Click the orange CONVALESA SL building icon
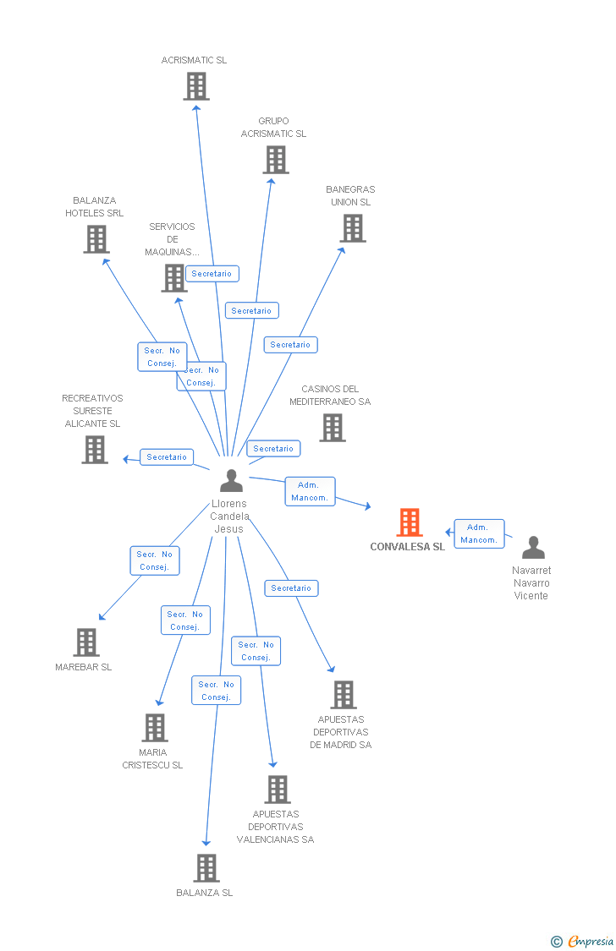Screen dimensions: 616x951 (410, 522)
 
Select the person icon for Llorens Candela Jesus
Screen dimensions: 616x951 (231, 480)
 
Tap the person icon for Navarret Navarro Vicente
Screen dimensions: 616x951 (533, 548)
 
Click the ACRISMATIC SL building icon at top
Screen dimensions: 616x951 (196, 86)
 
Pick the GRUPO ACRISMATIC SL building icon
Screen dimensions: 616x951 (276, 160)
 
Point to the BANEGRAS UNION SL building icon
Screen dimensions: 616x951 (353, 228)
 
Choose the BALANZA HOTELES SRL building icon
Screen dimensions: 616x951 (96, 239)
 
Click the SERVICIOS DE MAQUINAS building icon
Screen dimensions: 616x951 (174, 278)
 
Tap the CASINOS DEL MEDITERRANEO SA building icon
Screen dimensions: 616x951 (333, 428)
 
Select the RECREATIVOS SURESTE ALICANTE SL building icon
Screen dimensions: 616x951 (95, 450)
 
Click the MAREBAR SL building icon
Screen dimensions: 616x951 (86, 642)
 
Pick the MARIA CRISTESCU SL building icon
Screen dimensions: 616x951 (155, 728)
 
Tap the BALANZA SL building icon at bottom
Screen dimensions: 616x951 (206, 868)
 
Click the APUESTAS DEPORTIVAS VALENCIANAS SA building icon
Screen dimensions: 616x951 (278, 790)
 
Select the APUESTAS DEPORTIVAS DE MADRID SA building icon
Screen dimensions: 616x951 (344, 695)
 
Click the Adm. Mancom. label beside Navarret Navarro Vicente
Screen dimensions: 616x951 (479, 533)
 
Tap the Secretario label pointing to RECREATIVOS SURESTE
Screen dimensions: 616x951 (167, 457)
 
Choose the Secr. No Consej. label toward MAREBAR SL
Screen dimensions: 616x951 (155, 560)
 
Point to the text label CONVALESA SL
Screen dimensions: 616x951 (407, 547)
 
